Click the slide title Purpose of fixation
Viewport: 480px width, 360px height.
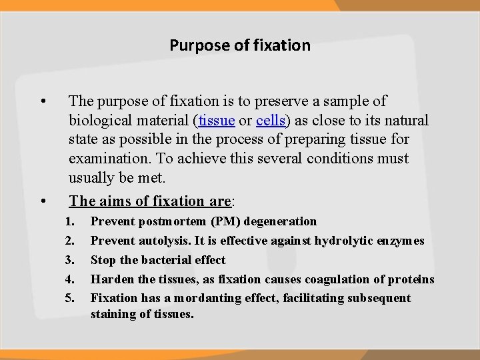point(240,45)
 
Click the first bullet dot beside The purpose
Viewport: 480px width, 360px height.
point(43,102)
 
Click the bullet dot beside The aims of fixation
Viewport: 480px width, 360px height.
point(43,201)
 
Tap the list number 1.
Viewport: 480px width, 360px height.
point(71,221)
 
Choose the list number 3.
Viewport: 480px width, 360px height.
point(71,260)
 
